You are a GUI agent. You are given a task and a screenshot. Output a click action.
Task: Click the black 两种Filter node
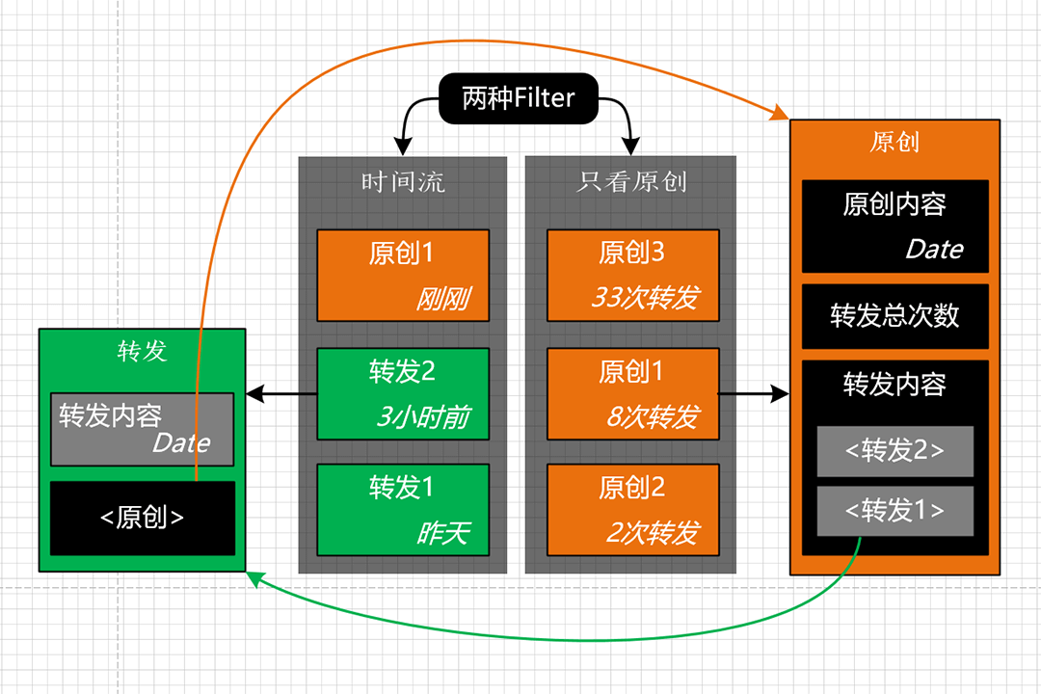519,98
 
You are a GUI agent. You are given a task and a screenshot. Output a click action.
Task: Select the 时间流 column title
402,182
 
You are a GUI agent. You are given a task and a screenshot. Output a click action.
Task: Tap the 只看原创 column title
630,181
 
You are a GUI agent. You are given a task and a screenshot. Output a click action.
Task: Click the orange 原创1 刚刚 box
403,276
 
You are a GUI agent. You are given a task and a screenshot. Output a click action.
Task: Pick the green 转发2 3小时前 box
403,394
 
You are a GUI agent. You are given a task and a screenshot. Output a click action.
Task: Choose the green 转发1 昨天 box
403,510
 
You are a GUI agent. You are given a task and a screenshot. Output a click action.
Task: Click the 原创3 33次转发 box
632,276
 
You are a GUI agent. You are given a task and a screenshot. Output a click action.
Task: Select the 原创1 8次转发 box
632,394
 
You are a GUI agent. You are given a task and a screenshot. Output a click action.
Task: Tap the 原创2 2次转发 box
632,510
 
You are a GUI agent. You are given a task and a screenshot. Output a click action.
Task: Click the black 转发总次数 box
894,316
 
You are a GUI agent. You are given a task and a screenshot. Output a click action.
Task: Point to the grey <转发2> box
894,451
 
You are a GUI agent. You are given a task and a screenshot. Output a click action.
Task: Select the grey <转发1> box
894,511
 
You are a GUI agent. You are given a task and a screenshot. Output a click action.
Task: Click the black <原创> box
143,518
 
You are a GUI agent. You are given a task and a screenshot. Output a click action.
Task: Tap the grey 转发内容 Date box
142,429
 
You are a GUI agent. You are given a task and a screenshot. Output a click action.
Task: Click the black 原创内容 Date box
894,226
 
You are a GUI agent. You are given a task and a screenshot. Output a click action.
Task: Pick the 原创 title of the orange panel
894,142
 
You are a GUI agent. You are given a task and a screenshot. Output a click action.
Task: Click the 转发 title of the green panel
142,351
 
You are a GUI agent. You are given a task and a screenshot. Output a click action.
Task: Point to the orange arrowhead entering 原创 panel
780,112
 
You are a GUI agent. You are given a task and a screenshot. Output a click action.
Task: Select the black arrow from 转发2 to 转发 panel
281,394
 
